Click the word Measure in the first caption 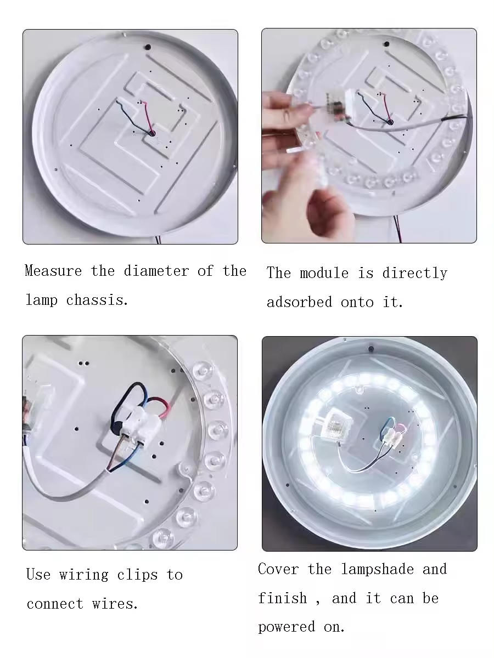tap(53, 271)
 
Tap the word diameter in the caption tap(156, 271)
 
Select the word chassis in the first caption tap(97, 300)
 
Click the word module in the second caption tap(324, 273)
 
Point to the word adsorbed tap(299, 302)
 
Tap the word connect tap(55, 604)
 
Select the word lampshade tap(378, 569)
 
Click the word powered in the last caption tap(287, 627)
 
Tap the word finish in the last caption tap(283, 598)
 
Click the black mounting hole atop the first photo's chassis tap(148, 47)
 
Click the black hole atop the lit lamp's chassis tap(371, 349)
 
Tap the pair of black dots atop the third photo tap(83, 364)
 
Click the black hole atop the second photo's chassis tap(387, 44)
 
